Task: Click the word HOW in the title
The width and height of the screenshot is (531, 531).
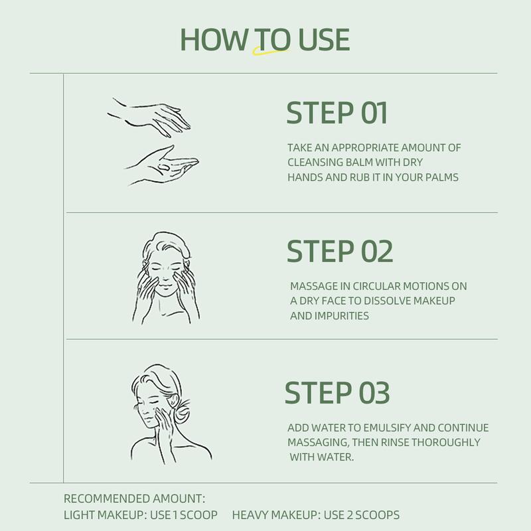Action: click(214, 40)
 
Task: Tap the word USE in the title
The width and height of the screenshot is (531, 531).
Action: click(324, 40)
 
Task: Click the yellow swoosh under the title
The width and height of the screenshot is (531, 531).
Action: click(270, 51)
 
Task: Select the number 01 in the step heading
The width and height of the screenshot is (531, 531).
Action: click(374, 113)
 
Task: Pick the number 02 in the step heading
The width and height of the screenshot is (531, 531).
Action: click(377, 252)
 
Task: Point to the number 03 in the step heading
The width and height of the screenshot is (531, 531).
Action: click(374, 392)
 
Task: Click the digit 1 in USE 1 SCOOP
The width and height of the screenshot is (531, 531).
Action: click(175, 515)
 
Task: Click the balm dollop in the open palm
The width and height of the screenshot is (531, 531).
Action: click(164, 167)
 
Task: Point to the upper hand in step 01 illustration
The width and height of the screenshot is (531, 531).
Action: click(151, 117)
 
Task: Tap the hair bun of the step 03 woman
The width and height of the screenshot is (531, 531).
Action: click(182, 412)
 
